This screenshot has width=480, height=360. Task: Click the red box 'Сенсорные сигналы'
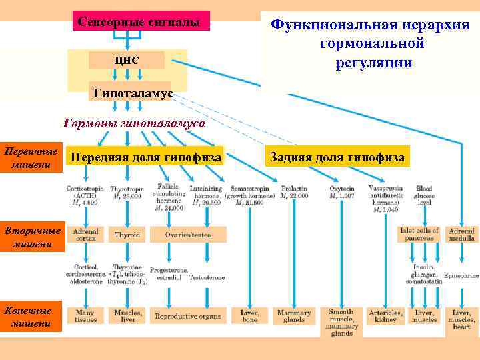139,21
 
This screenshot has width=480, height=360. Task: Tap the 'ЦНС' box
127,61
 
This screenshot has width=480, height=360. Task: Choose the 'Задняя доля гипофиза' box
336,157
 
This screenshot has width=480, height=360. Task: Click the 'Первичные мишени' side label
31,158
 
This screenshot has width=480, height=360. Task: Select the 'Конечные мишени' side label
31,317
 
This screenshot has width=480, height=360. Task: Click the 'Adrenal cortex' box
85,235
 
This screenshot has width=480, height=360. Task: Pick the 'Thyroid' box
127,235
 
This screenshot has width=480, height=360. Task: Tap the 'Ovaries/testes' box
189,235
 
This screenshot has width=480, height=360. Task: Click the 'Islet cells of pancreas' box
417,234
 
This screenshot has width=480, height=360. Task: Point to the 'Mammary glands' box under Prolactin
293,315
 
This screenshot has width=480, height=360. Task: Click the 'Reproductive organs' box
189,316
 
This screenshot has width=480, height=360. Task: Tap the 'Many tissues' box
85,315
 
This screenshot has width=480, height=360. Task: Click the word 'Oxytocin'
342,189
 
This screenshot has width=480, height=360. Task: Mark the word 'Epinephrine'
460,274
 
